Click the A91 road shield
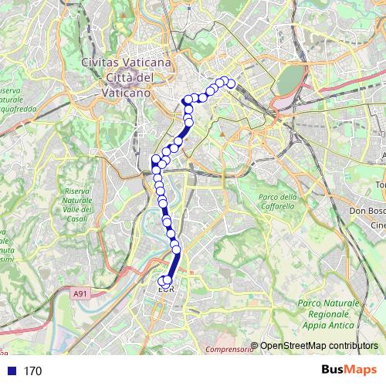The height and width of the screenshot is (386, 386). pos(80,293)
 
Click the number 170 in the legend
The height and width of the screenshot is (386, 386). pos(32,371)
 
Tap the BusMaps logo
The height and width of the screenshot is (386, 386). pos(348,371)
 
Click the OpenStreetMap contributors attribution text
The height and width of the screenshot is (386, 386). pos(319,345)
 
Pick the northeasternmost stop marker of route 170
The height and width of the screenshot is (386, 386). pos(230,84)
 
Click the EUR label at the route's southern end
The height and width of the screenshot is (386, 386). pos(166,290)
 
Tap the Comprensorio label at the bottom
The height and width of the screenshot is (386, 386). pos(229,350)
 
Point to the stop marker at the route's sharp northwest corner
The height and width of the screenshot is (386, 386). pos(186,100)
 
